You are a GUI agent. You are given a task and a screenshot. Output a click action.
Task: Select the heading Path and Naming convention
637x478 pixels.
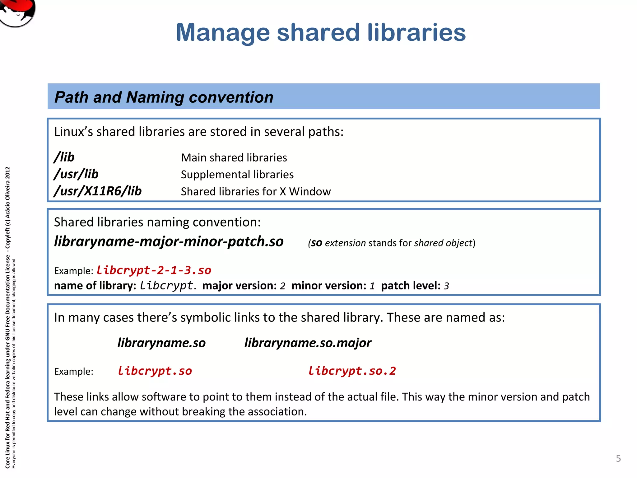click(164, 97)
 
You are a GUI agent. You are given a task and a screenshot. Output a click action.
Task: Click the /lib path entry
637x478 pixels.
click(64, 157)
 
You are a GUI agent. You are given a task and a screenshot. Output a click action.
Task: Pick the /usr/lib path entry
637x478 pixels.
click(76, 174)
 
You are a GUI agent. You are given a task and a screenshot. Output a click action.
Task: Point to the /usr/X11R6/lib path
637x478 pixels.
click(98, 191)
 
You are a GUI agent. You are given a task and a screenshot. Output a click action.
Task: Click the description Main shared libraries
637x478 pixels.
click(234, 158)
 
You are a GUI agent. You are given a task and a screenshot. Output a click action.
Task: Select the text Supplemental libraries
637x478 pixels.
click(237, 175)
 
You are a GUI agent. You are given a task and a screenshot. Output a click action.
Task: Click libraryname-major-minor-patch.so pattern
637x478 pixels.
click(169, 241)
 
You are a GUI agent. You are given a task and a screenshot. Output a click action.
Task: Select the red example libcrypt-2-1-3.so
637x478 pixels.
click(154, 270)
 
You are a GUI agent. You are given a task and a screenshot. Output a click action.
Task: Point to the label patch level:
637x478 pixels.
click(411, 285)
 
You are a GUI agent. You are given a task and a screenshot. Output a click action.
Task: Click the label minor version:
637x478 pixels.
click(329, 285)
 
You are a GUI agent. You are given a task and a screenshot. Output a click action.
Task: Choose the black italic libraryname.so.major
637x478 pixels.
click(308, 343)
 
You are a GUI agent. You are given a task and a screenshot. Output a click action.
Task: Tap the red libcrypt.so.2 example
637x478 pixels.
click(352, 371)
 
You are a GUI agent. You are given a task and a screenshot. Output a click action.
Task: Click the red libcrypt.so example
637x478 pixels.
click(155, 371)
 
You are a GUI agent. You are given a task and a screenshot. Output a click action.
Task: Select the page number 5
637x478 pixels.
click(618, 458)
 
